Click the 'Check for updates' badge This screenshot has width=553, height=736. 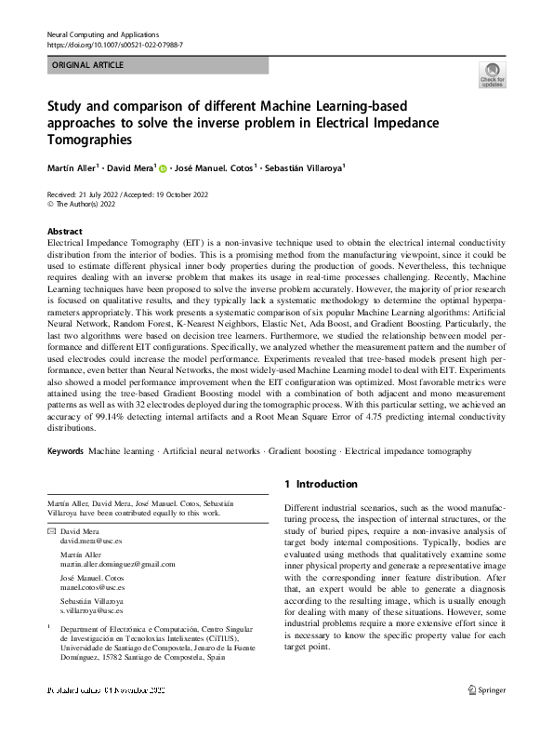(x=492, y=74)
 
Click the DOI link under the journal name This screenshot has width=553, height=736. (x=114, y=45)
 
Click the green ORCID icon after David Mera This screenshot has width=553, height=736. (x=162, y=169)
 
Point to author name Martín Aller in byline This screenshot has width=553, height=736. (x=72, y=168)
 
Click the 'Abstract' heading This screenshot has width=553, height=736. (x=64, y=231)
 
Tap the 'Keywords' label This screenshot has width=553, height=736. (x=65, y=450)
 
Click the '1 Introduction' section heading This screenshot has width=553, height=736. (x=321, y=484)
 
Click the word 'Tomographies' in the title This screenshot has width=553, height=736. (x=89, y=139)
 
